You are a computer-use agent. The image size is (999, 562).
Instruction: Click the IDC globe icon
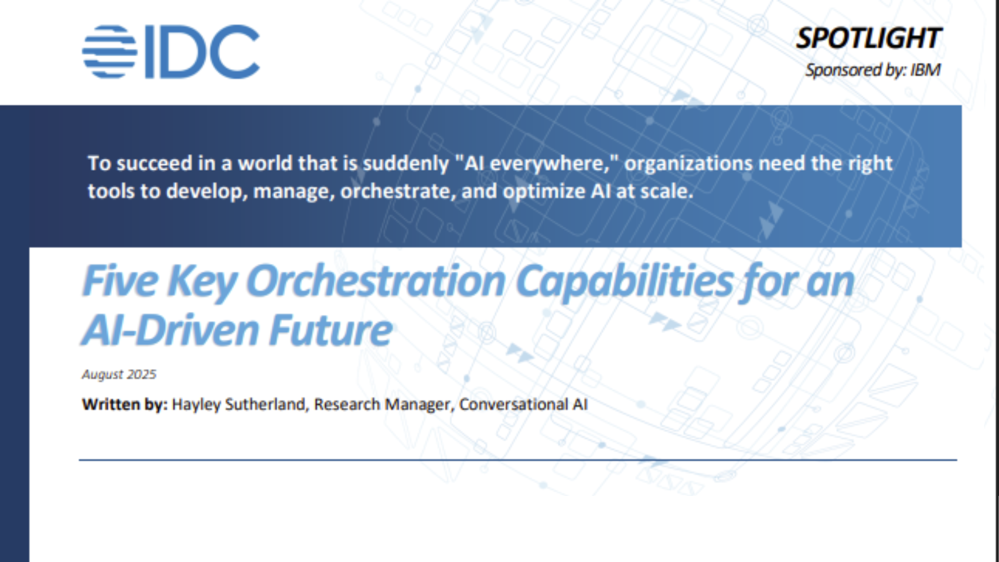pos(109,52)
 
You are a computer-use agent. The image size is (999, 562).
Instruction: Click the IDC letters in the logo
pos(202,52)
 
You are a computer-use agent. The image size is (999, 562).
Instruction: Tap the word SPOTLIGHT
pos(868,39)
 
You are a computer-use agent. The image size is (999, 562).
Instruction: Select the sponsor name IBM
pos(925,70)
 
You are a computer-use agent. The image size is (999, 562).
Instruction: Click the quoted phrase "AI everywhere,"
pos(536,163)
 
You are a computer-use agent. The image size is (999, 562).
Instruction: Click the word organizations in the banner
pos(688,163)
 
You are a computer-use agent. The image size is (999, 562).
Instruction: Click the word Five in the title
pos(120,281)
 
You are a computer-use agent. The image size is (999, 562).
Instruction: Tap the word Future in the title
pos(331,330)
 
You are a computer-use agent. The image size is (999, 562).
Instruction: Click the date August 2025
pos(119,374)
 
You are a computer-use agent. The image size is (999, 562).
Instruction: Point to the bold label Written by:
pos(124,404)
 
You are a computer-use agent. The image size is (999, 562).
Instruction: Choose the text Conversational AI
pos(523,404)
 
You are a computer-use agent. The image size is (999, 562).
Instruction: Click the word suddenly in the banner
pos(405,163)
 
